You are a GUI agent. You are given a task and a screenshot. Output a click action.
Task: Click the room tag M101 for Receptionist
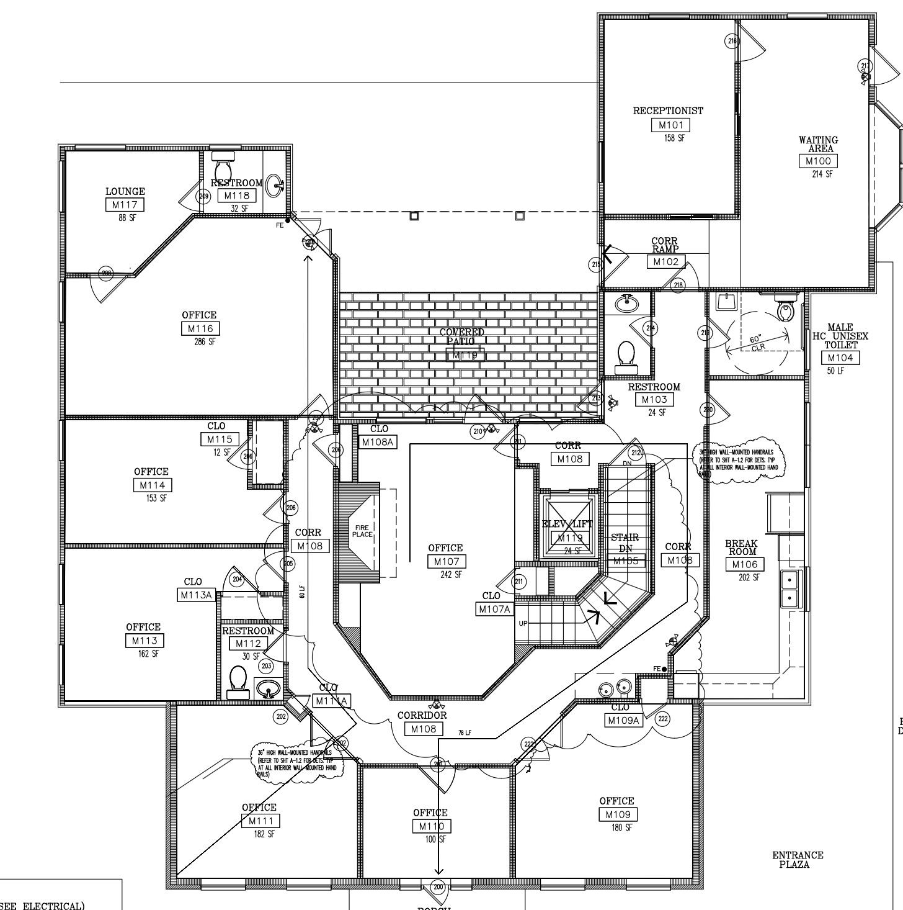click(x=670, y=125)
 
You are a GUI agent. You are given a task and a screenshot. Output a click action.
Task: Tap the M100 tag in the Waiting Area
click(x=818, y=161)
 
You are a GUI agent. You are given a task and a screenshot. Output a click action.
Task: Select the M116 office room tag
click(x=200, y=329)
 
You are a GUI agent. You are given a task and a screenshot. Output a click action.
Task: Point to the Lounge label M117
click(x=125, y=205)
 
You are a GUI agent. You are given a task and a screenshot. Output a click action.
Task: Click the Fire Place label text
click(x=362, y=531)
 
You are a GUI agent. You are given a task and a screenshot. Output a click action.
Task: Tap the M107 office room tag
click(x=446, y=562)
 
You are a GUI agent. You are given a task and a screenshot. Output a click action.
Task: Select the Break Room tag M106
click(x=745, y=564)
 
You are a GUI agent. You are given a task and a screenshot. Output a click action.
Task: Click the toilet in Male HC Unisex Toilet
click(x=786, y=309)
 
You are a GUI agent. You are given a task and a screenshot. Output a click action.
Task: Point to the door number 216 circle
click(x=732, y=42)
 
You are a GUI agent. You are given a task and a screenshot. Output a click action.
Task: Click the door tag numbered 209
click(x=204, y=197)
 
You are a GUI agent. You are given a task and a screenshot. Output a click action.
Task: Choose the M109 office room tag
click(x=618, y=814)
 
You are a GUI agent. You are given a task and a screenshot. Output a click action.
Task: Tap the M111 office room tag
click(x=260, y=821)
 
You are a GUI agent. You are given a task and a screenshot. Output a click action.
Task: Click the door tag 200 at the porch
click(x=438, y=887)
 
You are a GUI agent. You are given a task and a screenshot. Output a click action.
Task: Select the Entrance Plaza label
click(x=798, y=860)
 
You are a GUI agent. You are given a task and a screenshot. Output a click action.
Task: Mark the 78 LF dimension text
click(x=465, y=733)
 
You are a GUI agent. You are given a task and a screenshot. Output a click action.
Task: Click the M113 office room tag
click(x=145, y=641)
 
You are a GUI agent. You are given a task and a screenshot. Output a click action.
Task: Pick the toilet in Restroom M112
click(x=238, y=678)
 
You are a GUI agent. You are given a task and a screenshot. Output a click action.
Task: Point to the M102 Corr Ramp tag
click(x=666, y=262)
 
